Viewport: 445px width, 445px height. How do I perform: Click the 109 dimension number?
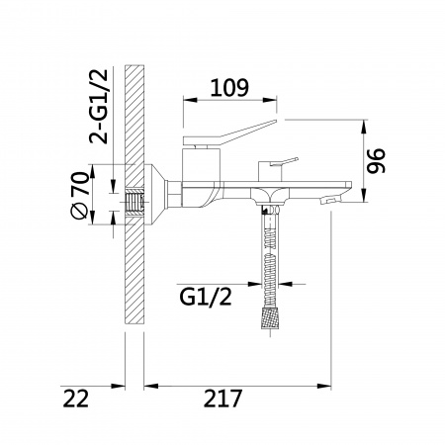(x=229, y=88)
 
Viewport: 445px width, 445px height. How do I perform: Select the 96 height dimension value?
(x=376, y=160)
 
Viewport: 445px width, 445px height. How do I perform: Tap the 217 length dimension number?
(x=222, y=399)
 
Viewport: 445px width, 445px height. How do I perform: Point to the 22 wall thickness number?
(x=76, y=399)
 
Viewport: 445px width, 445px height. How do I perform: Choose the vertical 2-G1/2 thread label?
(x=99, y=107)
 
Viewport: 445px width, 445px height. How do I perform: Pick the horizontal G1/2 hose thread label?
(x=206, y=297)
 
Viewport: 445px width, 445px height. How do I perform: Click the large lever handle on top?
(x=229, y=133)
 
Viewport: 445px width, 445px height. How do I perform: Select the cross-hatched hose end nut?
(x=271, y=318)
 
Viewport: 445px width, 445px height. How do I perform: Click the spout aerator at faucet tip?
(x=332, y=199)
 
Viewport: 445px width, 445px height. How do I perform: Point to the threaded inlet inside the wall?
(x=134, y=204)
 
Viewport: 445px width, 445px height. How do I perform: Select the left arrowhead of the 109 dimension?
(x=190, y=100)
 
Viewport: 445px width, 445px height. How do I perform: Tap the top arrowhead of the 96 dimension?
(x=364, y=127)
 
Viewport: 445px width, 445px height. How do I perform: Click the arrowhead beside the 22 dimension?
(x=118, y=386)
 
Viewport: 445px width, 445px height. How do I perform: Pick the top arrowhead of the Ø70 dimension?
(x=92, y=171)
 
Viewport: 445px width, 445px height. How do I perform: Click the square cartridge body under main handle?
(x=201, y=164)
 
